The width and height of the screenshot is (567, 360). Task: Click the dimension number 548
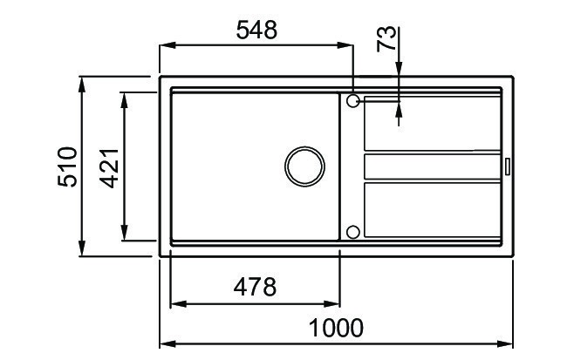click(x=256, y=30)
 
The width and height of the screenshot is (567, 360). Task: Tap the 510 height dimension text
click(x=67, y=166)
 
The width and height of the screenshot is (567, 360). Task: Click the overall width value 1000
click(x=336, y=329)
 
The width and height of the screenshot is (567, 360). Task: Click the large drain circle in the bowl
click(x=304, y=166)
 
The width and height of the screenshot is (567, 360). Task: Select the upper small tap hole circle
click(x=352, y=101)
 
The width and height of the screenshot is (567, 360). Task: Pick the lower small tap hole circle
click(x=352, y=232)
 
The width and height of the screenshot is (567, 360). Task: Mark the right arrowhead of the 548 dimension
click(x=346, y=46)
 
